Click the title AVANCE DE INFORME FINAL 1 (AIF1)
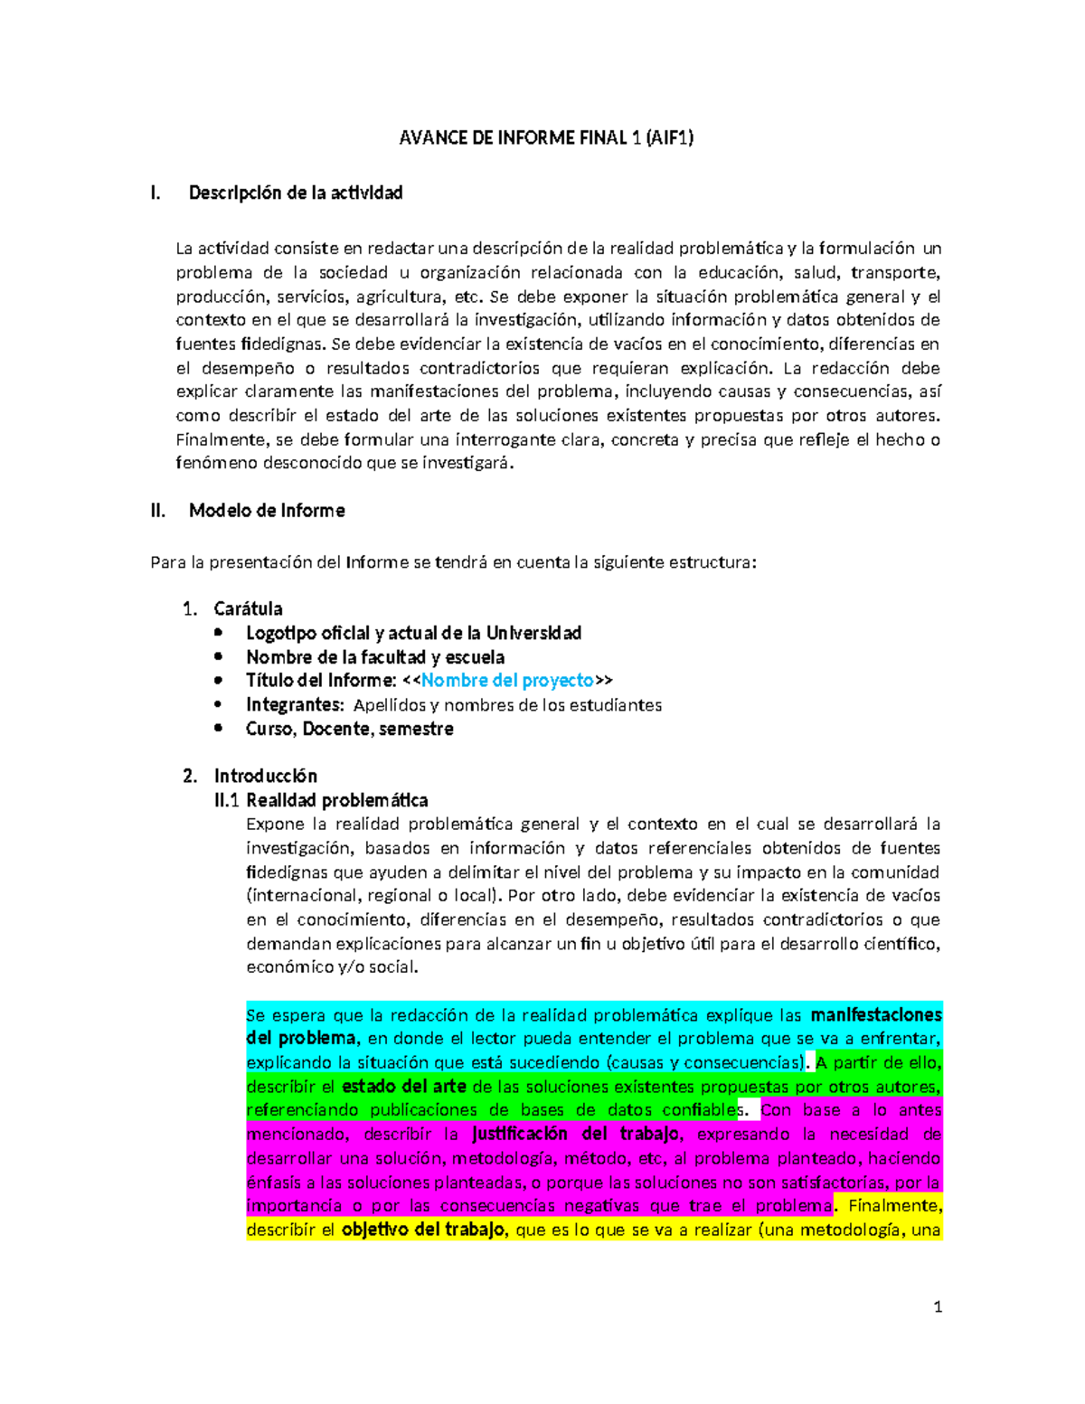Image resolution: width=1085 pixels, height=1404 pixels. [546, 138]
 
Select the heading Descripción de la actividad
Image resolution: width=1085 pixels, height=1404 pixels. [295, 193]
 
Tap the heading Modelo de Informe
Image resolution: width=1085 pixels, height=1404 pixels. [266, 511]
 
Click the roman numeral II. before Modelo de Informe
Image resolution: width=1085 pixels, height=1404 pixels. [158, 511]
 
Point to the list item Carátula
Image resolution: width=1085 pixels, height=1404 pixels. [248, 608]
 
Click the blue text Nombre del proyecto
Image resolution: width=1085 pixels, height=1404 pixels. [507, 681]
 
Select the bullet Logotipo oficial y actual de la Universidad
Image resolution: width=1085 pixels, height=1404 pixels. [413, 633]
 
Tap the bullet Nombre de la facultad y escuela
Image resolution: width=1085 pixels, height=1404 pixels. [375, 657]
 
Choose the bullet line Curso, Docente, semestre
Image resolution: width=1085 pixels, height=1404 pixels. [349, 729]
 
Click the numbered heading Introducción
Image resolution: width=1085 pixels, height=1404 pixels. [265, 776]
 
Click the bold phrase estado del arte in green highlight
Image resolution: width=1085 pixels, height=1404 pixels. [403, 1087]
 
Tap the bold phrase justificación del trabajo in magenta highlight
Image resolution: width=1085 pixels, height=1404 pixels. [574, 1134]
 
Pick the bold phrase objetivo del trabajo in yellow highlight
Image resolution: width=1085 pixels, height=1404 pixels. [422, 1230]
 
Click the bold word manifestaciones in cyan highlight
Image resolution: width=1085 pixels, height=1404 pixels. [875, 1015]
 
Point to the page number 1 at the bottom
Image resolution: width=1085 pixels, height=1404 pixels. [938, 1306]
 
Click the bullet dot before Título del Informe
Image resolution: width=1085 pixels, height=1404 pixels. [218, 681]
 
